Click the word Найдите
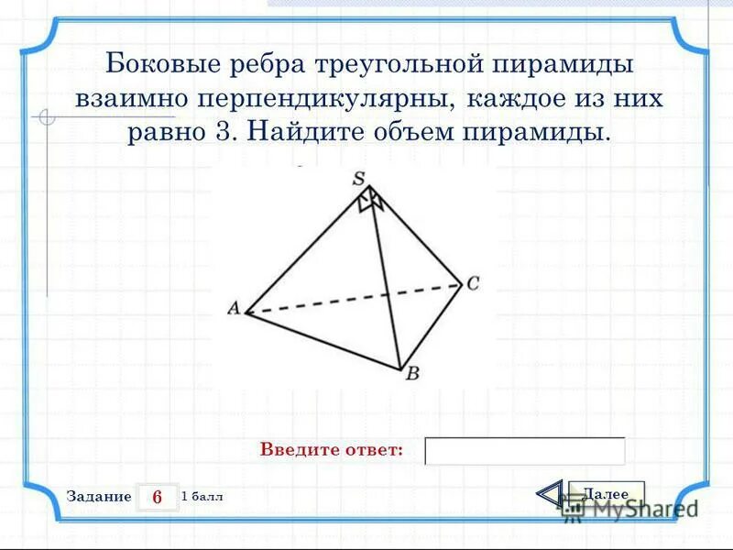tap(303, 131)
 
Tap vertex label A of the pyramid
tap(234, 309)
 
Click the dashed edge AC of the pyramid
tap(348, 300)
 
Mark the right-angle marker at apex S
tap(370, 199)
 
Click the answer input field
tap(525, 451)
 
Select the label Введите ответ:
tap(332, 450)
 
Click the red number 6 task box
tap(157, 497)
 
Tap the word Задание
tap(99, 496)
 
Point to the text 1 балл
tap(202, 496)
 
